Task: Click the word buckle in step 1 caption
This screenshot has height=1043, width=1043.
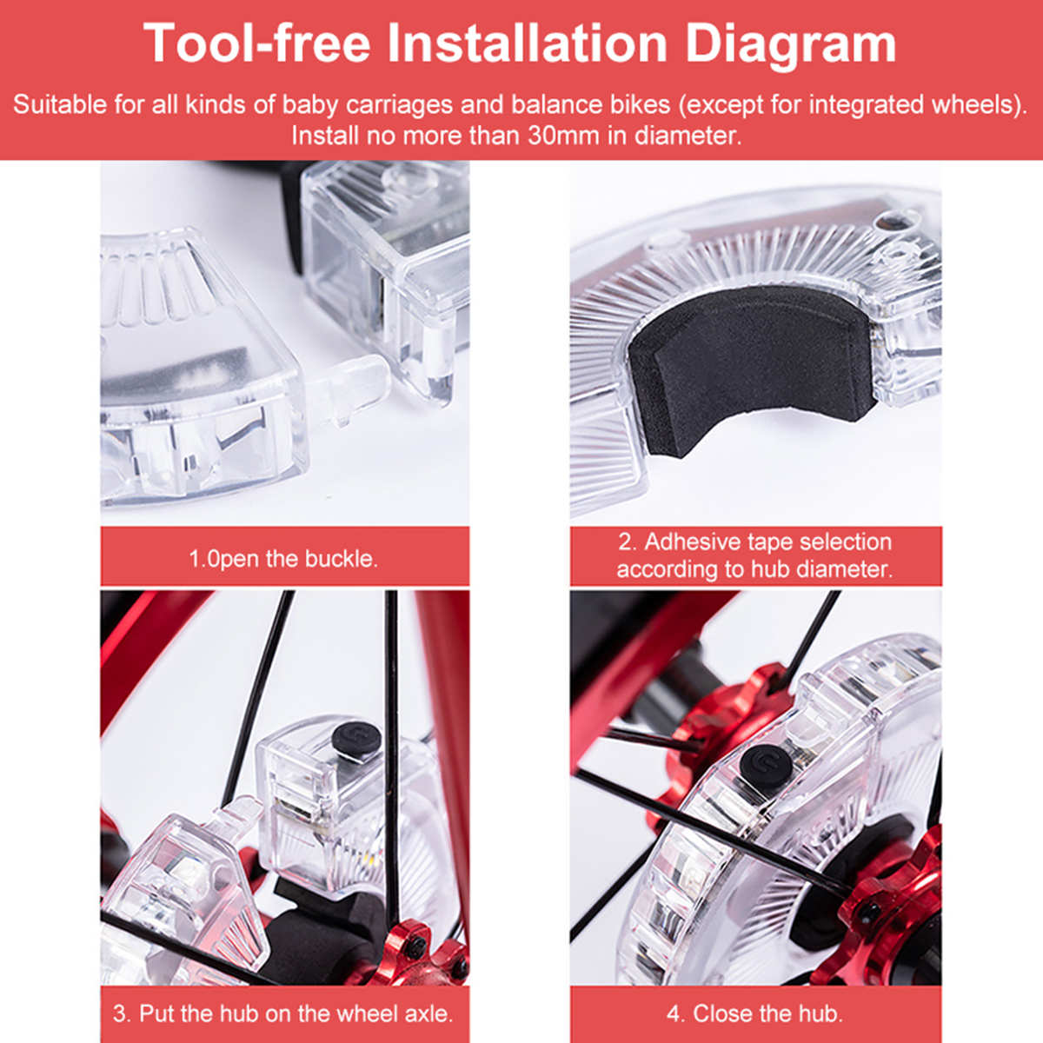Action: click(x=341, y=559)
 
